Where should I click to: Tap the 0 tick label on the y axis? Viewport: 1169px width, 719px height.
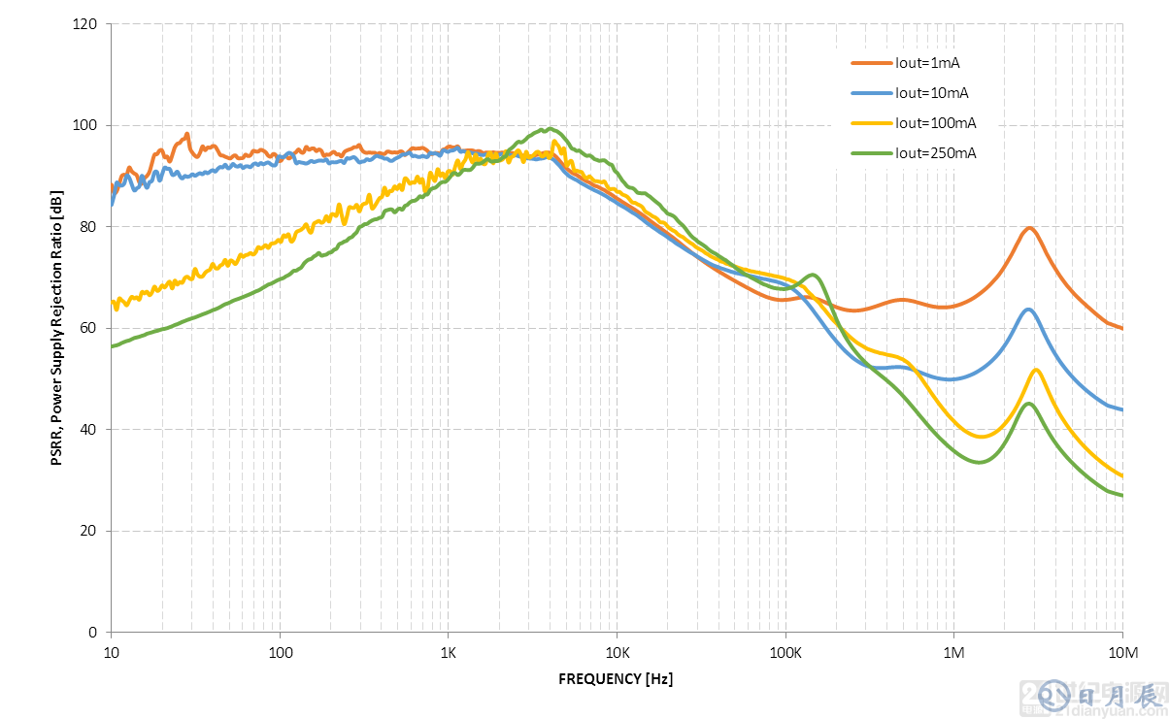pos(93,633)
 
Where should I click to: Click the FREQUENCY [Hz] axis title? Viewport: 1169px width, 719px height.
pos(616,679)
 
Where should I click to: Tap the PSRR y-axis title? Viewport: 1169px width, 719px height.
pos(57,328)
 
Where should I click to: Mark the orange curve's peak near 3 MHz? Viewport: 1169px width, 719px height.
pos(1029,228)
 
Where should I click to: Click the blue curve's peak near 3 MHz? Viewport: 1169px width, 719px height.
pos(1028,310)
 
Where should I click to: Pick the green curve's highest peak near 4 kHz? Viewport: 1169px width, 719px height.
pos(550,128)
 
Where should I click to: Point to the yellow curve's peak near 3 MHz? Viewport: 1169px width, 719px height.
pos(1036,370)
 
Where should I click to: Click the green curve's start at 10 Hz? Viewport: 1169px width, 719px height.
pos(113,346)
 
